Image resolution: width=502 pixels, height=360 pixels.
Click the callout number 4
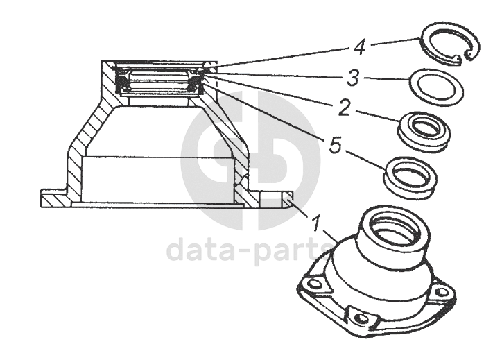pos(360,48)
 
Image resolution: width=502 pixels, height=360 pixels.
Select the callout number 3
pos(353,78)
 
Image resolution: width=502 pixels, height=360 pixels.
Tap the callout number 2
pos(345,109)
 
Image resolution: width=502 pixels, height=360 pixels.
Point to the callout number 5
pos(336,146)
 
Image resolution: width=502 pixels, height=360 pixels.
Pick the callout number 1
pos(316,223)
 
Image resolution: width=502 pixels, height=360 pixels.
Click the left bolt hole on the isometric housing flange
pos(314,284)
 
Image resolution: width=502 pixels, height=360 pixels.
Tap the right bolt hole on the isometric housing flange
pos(442,292)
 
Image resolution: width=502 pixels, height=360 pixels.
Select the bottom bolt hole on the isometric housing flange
pos(363,318)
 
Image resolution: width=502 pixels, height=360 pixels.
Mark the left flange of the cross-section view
pos(53,198)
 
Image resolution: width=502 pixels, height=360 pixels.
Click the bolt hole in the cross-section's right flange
pos(270,200)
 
